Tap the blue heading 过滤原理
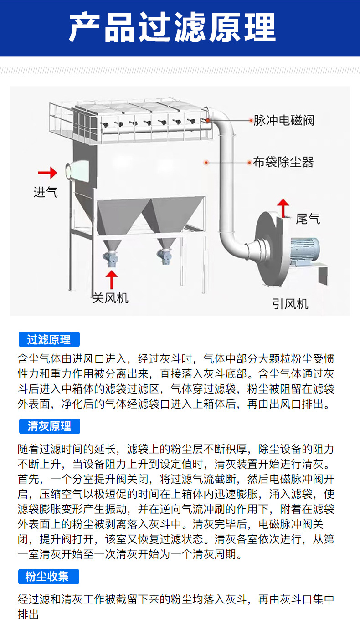pyautogui.click(x=49, y=340)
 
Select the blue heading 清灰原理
pyautogui.click(x=49, y=426)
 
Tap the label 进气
pyautogui.click(x=46, y=192)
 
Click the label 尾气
pyautogui.click(x=308, y=219)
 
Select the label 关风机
pyautogui.click(x=110, y=298)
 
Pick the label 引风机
pyautogui.click(x=291, y=304)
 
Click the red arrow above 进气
pyautogui.click(x=47, y=173)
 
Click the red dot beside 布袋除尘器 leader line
pyautogui.click(x=206, y=162)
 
